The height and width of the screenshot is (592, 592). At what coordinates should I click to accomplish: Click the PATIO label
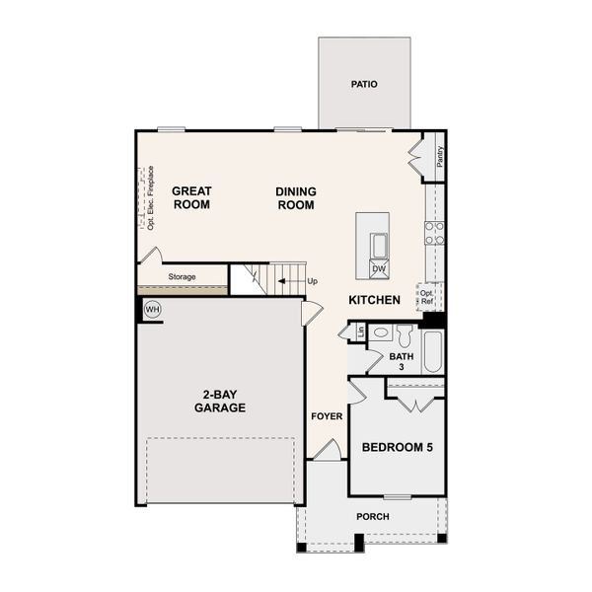[x=364, y=84]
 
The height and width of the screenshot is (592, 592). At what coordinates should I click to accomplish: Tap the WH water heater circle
[x=153, y=310]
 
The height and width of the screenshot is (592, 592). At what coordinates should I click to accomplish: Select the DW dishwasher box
[x=379, y=269]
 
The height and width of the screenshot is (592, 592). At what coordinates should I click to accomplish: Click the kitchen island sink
[x=379, y=246]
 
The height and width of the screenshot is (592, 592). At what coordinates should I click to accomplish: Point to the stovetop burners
[x=434, y=233]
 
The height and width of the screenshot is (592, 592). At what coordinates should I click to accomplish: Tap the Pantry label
[x=440, y=157]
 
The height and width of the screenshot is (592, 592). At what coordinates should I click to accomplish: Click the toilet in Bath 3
[x=404, y=335]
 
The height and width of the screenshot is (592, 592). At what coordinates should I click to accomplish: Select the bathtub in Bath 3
[x=433, y=352]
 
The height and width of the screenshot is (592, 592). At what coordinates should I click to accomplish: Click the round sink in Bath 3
[x=380, y=333]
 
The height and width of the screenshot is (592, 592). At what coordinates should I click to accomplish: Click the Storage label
[x=182, y=276]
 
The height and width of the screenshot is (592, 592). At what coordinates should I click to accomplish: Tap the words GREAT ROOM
[x=191, y=198]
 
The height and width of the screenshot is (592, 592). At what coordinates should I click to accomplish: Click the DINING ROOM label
[x=296, y=198]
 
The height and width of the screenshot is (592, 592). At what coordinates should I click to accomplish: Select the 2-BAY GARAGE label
[x=220, y=401]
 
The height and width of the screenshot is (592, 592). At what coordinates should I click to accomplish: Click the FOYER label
[x=327, y=416]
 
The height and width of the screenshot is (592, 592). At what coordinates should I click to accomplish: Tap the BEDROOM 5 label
[x=398, y=447]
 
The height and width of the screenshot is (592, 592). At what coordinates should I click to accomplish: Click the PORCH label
[x=373, y=516]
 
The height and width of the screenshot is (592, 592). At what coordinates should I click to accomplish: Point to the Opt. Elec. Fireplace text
[x=151, y=198]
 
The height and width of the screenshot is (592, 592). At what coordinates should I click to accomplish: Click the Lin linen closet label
[x=361, y=332]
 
